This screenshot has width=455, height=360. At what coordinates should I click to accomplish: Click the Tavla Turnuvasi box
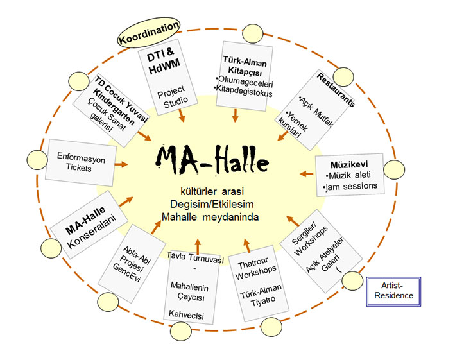192,284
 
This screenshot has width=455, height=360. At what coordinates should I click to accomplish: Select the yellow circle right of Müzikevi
396,169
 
